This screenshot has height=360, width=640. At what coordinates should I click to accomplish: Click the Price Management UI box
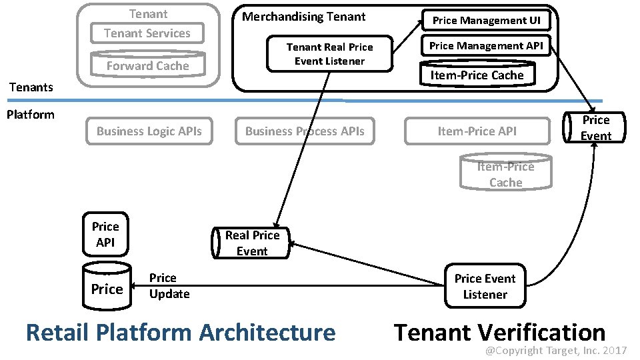(486, 21)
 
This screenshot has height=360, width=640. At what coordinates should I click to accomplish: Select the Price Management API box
(486, 46)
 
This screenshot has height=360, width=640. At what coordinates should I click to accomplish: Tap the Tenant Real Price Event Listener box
(329, 54)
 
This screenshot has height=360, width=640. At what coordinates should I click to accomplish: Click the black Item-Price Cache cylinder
(477, 75)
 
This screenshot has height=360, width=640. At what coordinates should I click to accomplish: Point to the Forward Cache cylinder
(148, 65)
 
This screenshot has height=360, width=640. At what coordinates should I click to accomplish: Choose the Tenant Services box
(147, 33)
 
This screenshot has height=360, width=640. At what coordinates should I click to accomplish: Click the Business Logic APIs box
(149, 131)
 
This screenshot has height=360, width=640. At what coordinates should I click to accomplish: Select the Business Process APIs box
(305, 131)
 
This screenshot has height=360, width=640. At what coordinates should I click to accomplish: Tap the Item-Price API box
(477, 131)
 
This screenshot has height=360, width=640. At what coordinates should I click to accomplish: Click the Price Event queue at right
(595, 127)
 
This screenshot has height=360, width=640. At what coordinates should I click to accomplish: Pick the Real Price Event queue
(251, 243)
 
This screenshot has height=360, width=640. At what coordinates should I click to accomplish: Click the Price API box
(105, 235)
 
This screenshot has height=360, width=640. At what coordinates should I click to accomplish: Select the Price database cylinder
(107, 288)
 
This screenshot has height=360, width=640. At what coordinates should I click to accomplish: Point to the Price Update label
(169, 286)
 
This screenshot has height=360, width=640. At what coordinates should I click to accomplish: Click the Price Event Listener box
(485, 287)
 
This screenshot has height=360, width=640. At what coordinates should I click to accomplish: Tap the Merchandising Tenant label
(303, 17)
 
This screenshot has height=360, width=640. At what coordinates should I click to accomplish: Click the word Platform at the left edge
(30, 114)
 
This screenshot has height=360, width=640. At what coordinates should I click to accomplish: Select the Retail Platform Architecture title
(180, 332)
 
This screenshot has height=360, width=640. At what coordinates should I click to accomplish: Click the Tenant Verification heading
(499, 332)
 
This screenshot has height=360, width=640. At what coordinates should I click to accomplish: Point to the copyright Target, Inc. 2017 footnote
(555, 350)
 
